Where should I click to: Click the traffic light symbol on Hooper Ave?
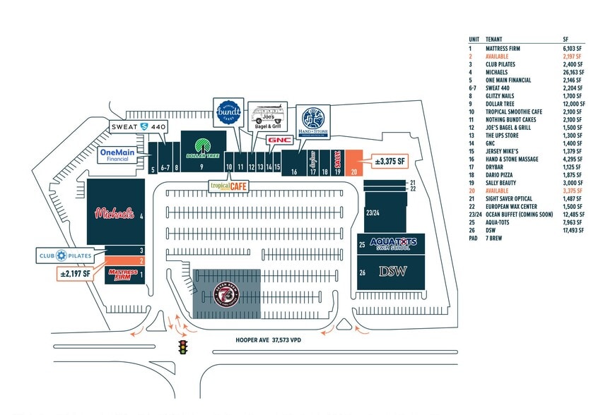pos(183,347)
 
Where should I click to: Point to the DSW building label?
pos(393,271)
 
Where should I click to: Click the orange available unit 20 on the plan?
pos(354,162)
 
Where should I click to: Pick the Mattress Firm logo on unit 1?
pos(122,273)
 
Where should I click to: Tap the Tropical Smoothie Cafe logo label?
pos(229,186)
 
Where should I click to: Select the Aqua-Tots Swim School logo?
pos(393,244)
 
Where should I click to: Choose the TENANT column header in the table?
pos(495,40)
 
